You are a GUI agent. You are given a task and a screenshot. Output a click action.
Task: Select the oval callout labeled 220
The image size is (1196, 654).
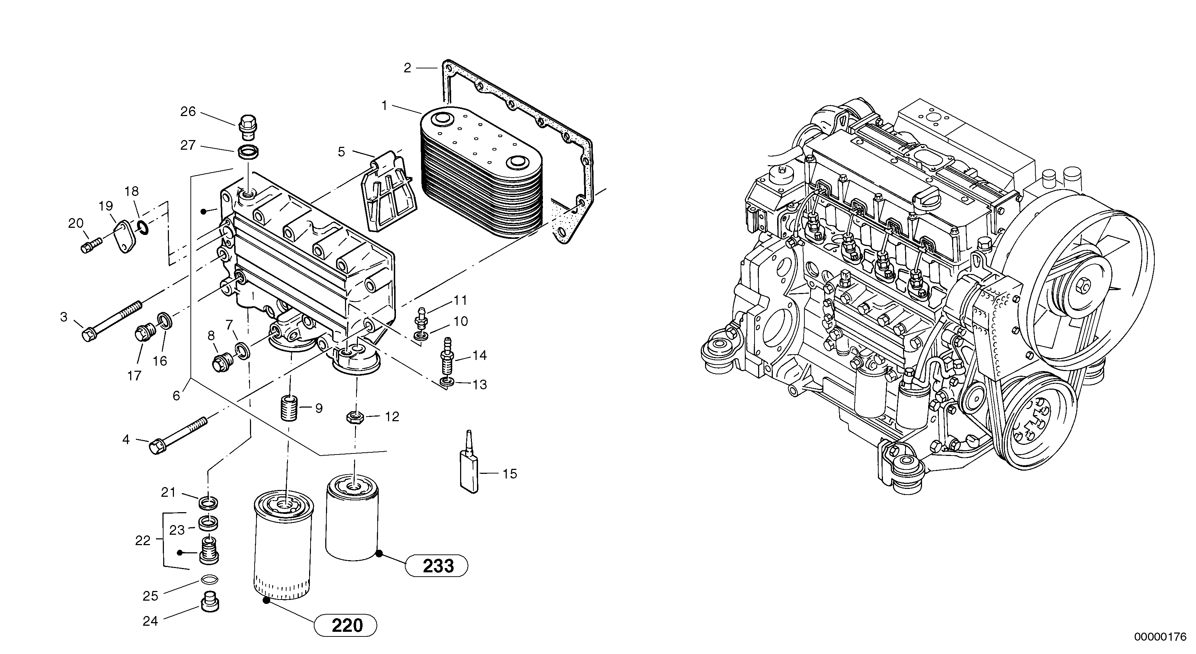coord(346,626)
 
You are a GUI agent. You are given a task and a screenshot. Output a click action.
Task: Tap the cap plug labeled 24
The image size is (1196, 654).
coord(209,602)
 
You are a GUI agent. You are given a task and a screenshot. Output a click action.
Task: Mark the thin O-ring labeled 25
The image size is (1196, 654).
coord(209,580)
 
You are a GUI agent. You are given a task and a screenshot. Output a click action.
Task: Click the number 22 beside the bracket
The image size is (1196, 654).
coord(143,540)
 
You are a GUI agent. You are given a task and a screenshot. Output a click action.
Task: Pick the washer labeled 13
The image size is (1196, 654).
coord(446,382)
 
